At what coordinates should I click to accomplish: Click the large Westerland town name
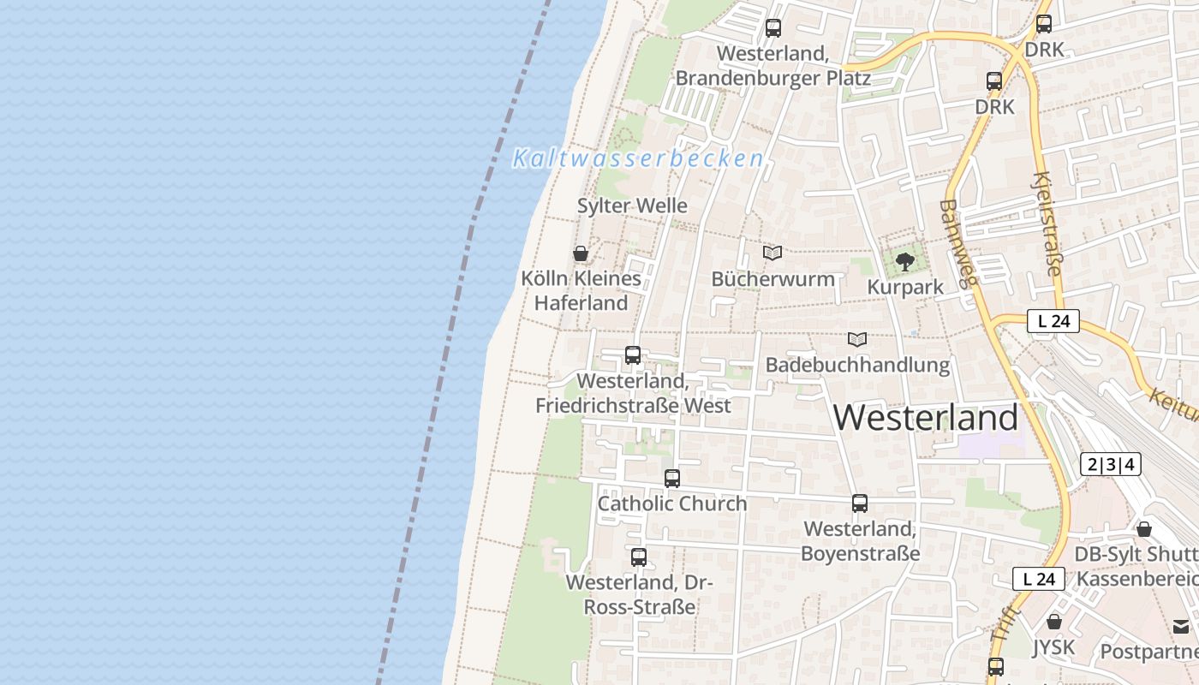click(926, 418)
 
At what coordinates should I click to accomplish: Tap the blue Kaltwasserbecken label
click(638, 158)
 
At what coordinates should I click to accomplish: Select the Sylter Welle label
click(632, 205)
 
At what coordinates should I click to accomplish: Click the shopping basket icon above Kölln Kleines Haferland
click(581, 253)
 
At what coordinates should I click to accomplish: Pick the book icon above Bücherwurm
click(772, 253)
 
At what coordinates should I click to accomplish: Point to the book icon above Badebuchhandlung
click(857, 340)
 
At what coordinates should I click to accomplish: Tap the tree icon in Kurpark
click(905, 262)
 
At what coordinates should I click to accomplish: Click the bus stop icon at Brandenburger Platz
click(773, 28)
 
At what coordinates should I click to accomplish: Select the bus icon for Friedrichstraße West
click(633, 355)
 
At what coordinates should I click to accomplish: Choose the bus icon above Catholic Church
click(672, 479)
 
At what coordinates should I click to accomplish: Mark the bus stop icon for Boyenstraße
click(860, 503)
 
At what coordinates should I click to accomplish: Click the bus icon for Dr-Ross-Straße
click(639, 557)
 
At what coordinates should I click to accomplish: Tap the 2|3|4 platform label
click(1111, 464)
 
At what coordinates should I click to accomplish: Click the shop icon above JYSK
click(1054, 622)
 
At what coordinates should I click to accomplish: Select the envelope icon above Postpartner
click(1182, 627)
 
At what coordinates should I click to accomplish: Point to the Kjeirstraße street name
click(1047, 224)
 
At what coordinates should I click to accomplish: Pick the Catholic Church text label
click(672, 503)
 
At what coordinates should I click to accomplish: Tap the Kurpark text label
click(905, 287)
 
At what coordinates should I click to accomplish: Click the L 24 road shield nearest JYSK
click(1039, 579)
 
